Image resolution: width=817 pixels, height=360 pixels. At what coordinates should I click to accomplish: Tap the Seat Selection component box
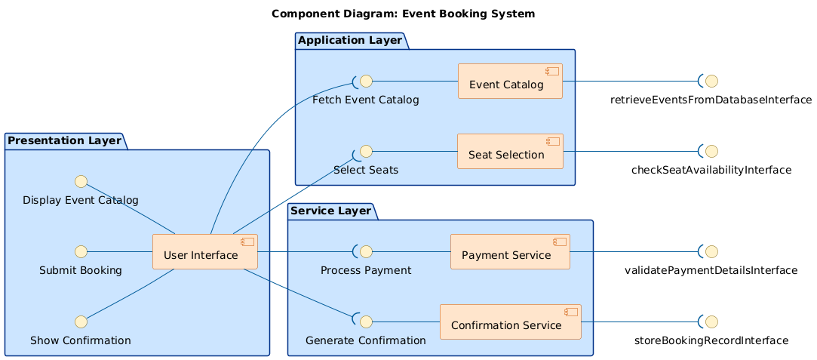510,151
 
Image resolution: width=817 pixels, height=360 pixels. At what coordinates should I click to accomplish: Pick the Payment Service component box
510,251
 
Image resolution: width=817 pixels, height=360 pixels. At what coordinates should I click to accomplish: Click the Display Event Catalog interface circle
81,181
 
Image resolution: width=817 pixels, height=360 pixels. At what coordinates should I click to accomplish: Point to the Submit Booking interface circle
81,251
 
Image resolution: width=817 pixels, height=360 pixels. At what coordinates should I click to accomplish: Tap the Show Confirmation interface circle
81,322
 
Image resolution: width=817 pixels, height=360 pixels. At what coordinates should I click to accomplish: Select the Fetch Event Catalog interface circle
365,81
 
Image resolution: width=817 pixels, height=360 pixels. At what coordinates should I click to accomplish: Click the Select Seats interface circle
365,151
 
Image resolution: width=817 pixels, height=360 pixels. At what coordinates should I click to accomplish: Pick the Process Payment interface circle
365,251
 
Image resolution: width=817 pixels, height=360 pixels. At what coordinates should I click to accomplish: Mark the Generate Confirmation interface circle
365,322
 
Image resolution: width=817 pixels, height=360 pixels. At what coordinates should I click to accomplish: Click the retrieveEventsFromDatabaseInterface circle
711,81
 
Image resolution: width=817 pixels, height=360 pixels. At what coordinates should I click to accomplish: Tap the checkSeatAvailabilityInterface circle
711,151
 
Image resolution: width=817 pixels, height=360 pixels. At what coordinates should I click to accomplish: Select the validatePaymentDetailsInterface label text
711,270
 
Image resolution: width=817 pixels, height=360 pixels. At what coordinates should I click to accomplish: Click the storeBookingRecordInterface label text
711,340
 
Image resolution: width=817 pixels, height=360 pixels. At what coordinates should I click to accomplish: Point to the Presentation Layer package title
63,140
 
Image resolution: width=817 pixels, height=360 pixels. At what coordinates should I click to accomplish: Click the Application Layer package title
349,40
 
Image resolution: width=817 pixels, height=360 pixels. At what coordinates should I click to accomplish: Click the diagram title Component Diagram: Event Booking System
404,14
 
